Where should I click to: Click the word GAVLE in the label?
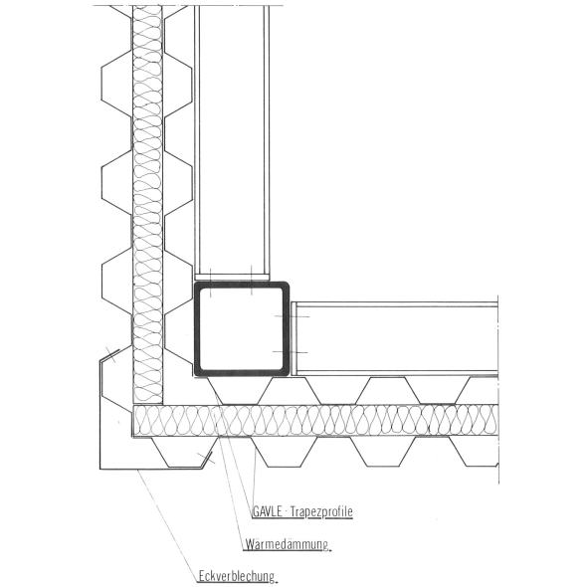pyautogui.click(x=268, y=511)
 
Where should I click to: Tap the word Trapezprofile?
pyautogui.click(x=321, y=511)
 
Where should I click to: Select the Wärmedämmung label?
pyautogui.click(x=287, y=544)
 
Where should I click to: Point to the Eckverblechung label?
pyautogui.click(x=237, y=576)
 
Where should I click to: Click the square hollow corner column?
pyautogui.click(x=196, y=329)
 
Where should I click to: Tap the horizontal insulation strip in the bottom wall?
pyautogui.click(x=315, y=421)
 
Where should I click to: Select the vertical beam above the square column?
pyautogui.click(x=232, y=142)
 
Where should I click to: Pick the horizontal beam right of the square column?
pyautogui.click(x=395, y=338)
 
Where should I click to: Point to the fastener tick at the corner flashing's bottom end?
pyautogui.click(x=206, y=458)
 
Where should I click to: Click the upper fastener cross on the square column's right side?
pyautogui.click(x=292, y=316)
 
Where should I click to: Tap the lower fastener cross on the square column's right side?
pyautogui.click(x=291, y=352)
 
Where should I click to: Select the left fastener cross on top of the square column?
pyautogui.click(x=210, y=283)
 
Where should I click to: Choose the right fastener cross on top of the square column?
pyautogui.click(x=252, y=280)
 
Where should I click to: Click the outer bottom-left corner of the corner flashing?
pyautogui.click(x=99, y=469)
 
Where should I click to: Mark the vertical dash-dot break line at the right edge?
pyautogui.click(x=498, y=389)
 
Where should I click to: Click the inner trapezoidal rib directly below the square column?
pyautogui.click(x=240, y=391)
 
